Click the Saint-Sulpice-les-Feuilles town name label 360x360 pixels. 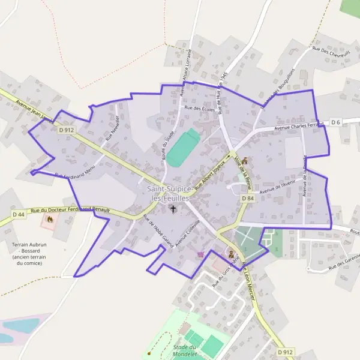point(169,193)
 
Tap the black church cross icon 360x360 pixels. point(173,209)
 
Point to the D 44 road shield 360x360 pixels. point(19,214)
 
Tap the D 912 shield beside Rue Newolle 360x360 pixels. point(66,129)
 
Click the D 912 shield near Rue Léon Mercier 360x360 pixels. point(286,352)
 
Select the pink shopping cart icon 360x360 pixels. point(200,254)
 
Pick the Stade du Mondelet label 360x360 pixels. point(185,350)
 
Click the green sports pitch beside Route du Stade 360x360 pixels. point(182,148)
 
